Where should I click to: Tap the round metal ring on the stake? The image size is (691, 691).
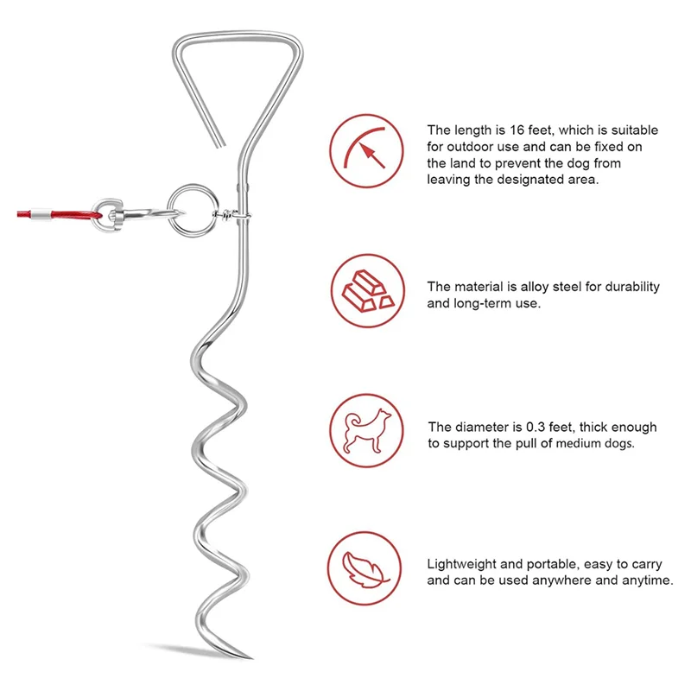pos(185,207)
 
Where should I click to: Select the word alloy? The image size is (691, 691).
pos(535,287)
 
